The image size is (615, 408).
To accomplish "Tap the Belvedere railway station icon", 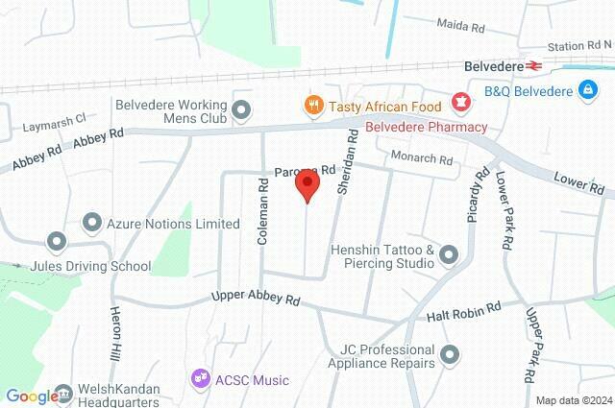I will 536,66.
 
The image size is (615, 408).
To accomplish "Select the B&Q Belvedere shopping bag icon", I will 585,91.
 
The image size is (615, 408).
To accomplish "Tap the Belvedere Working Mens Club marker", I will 241,111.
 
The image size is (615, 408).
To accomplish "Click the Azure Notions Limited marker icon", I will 93,224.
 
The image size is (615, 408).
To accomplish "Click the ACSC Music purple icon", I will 201,380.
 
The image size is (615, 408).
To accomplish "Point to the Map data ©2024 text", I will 574,400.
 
